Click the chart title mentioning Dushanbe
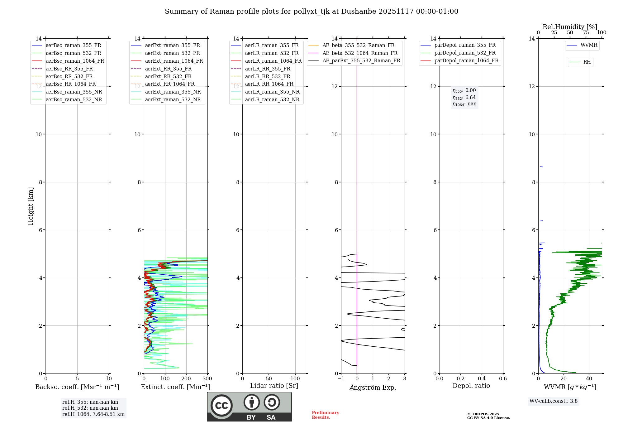pyautogui.click(x=311, y=12)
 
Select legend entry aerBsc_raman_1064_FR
pyautogui.click(x=75, y=61)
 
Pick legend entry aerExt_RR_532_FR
pyautogui.click(x=168, y=76)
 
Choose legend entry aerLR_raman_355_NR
pyautogui.click(x=272, y=92)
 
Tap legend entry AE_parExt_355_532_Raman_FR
pyautogui.click(x=361, y=60)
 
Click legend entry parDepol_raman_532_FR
pyautogui.click(x=465, y=53)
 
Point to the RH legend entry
pyautogui.click(x=587, y=62)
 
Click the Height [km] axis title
pyautogui.click(x=31, y=206)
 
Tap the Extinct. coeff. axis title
pyautogui.click(x=176, y=387)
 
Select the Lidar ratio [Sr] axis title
pyautogui.click(x=274, y=386)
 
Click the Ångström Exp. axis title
pyautogui.click(x=373, y=388)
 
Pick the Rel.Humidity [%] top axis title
pyautogui.click(x=570, y=27)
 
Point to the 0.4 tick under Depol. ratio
pyautogui.click(x=482, y=379)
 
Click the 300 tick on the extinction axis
pyautogui.click(x=207, y=379)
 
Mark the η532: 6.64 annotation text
pyautogui.click(x=464, y=98)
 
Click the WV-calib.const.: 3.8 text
pyautogui.click(x=554, y=401)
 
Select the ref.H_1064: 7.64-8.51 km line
pyautogui.click(x=93, y=414)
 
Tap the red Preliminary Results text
pyautogui.click(x=325, y=415)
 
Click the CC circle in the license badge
pyautogui.click(x=221, y=405)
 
